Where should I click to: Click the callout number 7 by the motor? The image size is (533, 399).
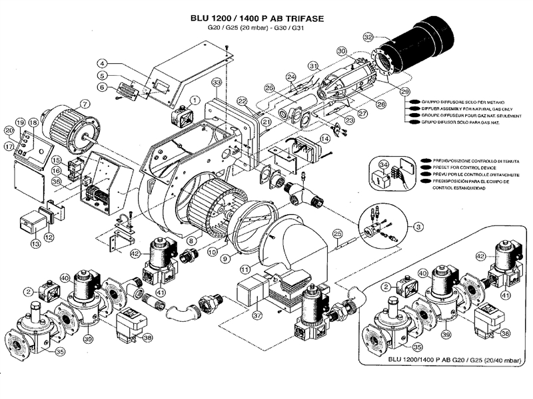point(85,104)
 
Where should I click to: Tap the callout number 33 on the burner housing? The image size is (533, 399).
point(216,82)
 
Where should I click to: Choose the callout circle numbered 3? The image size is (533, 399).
point(418,227)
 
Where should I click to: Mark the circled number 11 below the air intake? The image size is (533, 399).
point(245,270)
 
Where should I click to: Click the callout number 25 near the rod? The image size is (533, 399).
point(337,233)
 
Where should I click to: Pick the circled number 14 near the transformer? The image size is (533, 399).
point(325,138)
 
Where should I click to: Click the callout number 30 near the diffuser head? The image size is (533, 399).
point(341,51)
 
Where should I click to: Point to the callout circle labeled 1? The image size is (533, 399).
point(195,100)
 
